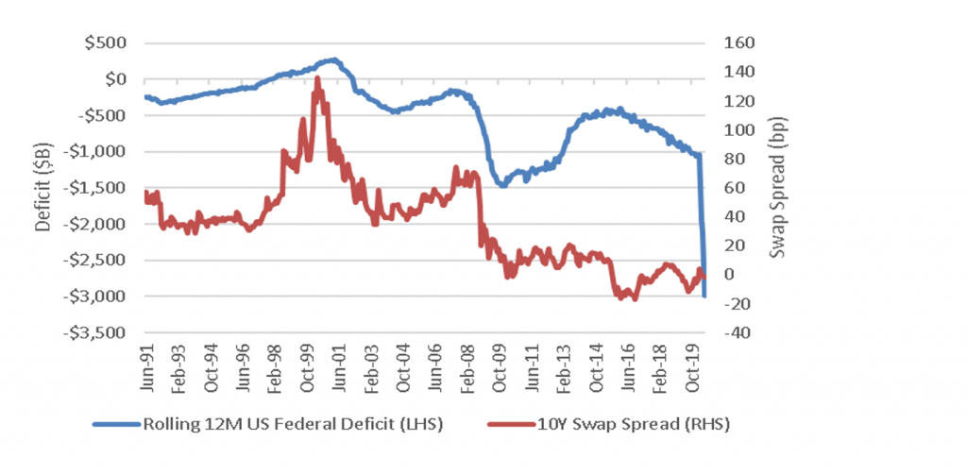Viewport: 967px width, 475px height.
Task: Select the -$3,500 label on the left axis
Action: [x=102, y=332]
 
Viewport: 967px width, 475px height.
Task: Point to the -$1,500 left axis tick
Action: [x=102, y=188]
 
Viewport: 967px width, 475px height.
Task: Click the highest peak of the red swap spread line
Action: [x=317, y=79]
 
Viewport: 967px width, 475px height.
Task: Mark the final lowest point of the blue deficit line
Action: [x=704, y=296]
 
